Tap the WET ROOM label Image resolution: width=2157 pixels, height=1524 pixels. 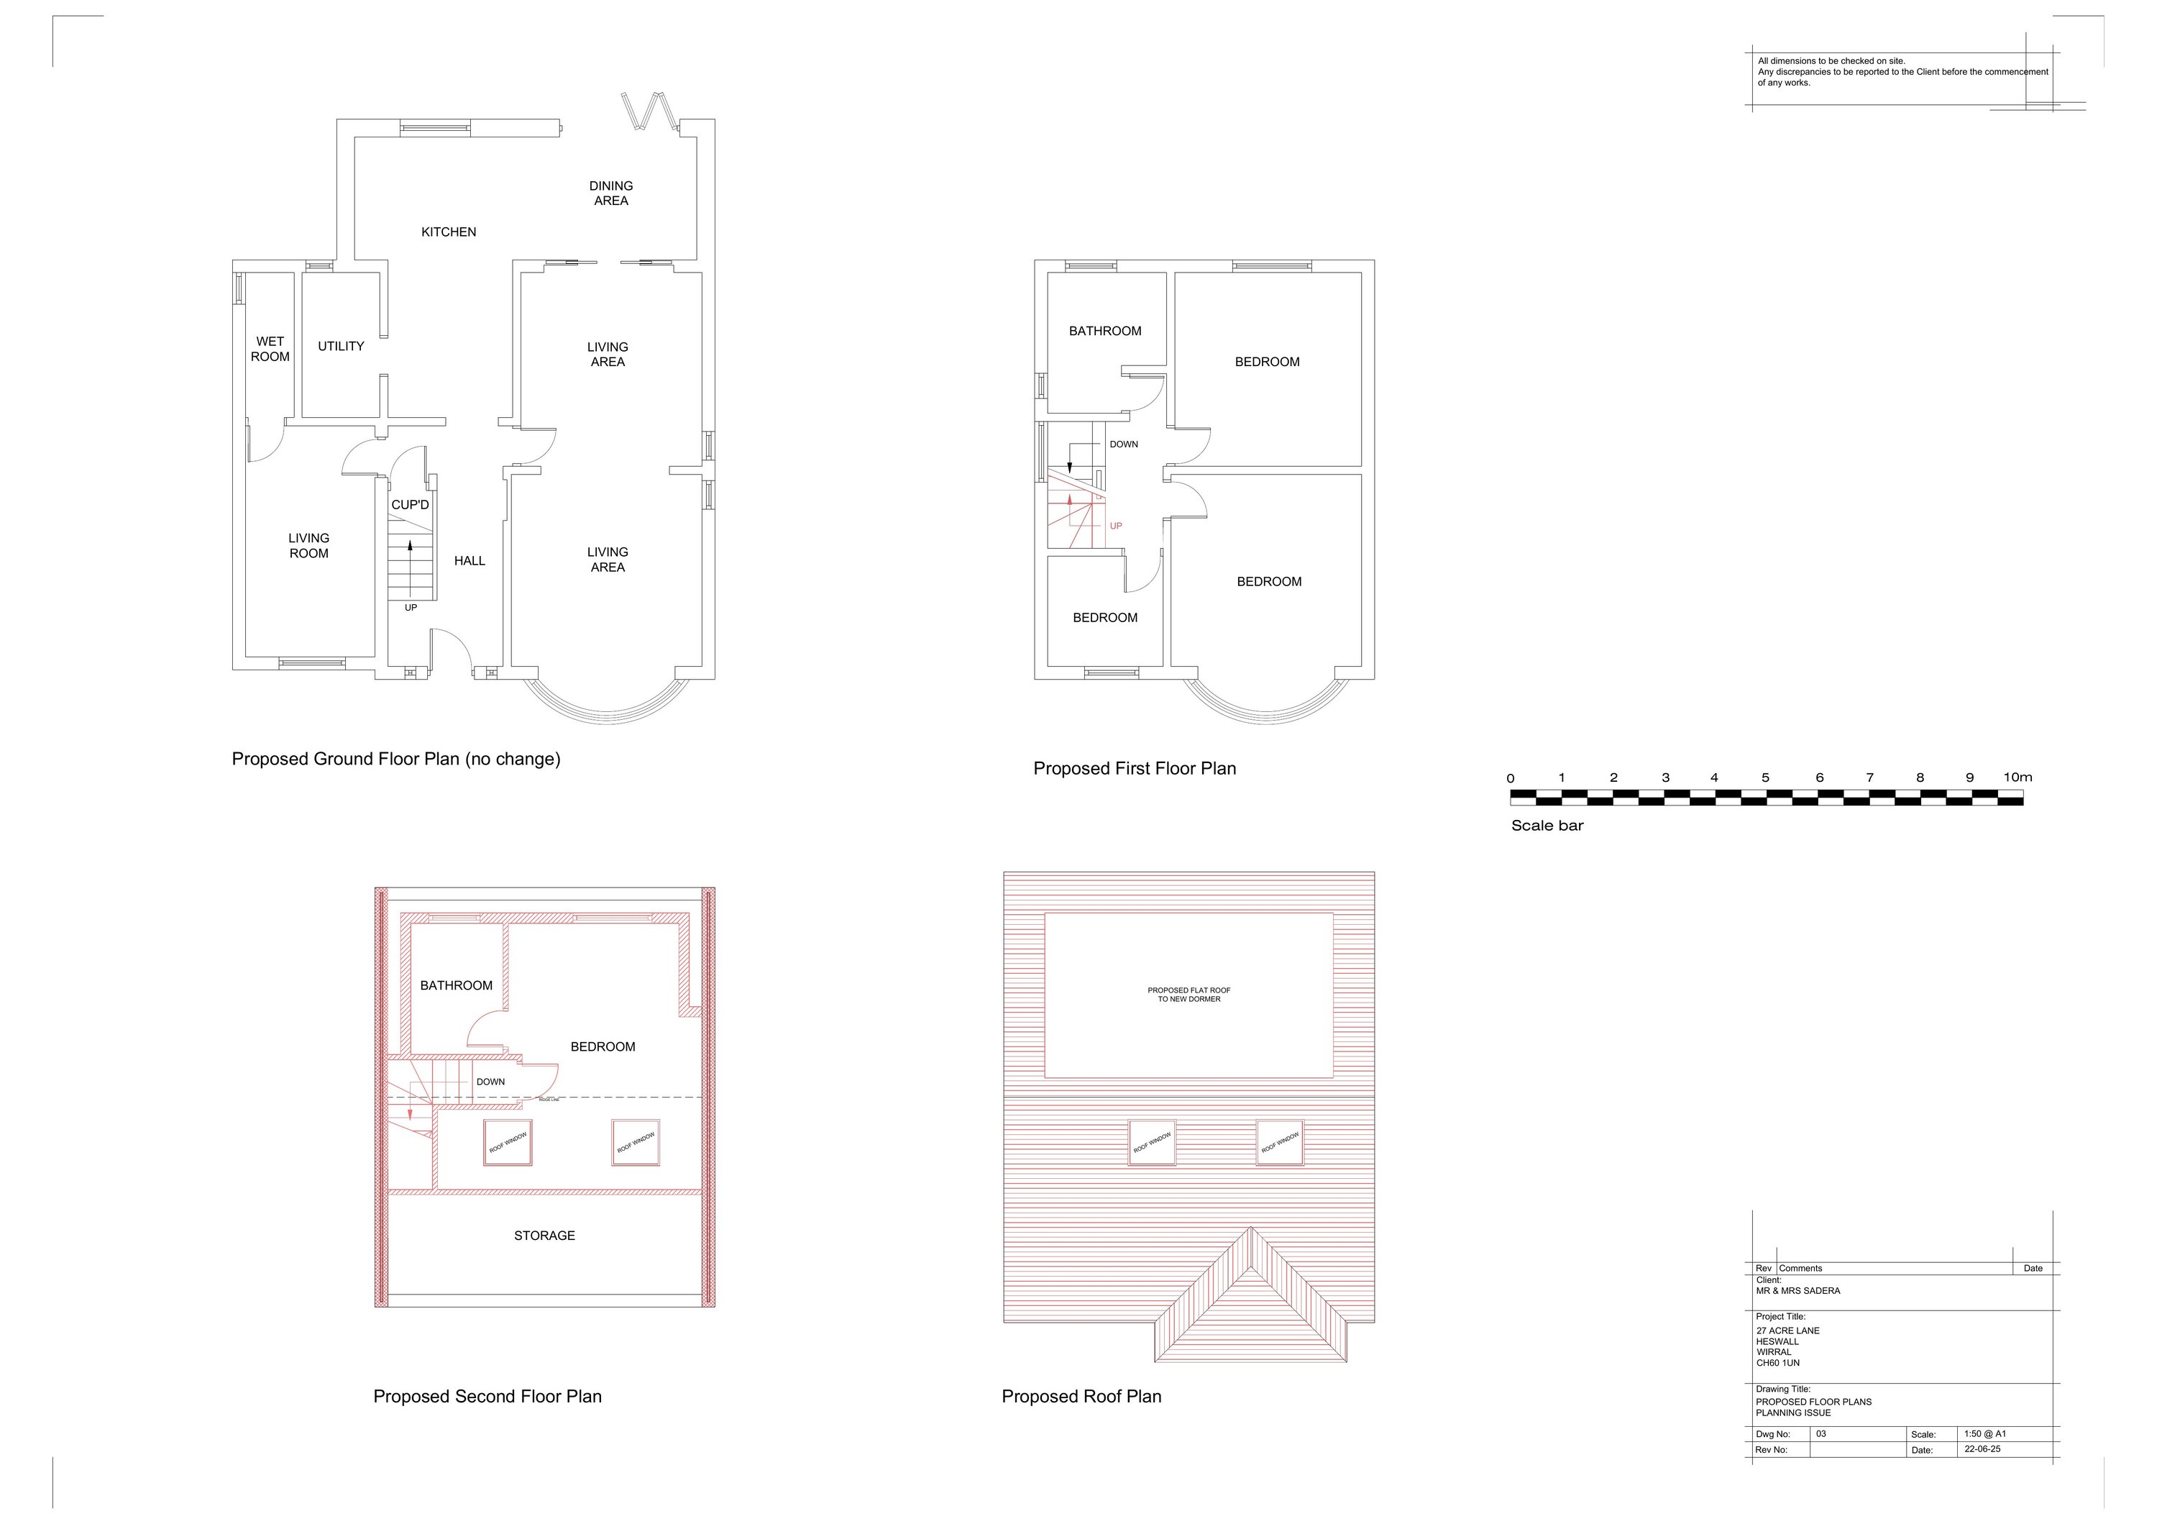[x=270, y=349]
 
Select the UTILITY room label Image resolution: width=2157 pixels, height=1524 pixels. [x=340, y=347]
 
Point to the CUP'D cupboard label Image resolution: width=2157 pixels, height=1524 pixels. [x=410, y=506]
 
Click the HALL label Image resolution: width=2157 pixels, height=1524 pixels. [x=469, y=561]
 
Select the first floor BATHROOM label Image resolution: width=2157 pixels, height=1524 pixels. [x=1105, y=331]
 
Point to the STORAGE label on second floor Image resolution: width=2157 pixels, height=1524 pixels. [x=544, y=1236]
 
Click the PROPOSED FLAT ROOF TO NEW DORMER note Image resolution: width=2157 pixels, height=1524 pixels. [x=1189, y=994]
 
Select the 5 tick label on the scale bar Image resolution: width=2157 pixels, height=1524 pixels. [x=1765, y=778]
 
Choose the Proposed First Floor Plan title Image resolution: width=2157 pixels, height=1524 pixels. [x=1134, y=769]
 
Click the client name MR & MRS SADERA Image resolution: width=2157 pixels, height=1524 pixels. [x=1797, y=1291]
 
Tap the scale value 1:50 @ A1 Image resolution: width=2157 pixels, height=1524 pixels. [x=1984, y=1434]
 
